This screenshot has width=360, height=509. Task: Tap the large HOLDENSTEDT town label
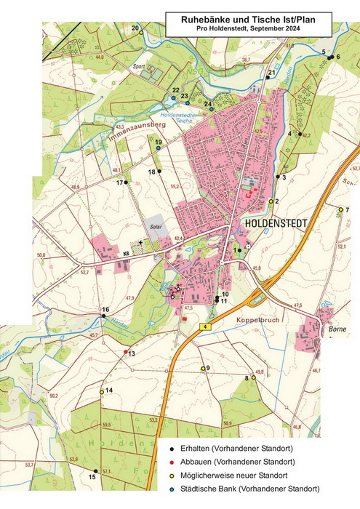(279, 222)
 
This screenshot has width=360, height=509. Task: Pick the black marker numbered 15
(96, 470)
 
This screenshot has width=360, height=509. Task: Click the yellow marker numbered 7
(340, 209)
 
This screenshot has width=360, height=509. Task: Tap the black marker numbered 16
(104, 316)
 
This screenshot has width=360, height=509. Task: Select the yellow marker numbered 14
(102, 392)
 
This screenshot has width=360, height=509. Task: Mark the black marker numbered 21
(268, 77)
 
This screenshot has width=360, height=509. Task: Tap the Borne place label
(337, 329)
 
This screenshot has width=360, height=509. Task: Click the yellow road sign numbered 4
(207, 328)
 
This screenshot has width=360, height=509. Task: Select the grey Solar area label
(156, 226)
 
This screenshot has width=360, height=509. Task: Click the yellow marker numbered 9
(204, 369)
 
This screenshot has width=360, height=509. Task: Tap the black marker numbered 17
(125, 182)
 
